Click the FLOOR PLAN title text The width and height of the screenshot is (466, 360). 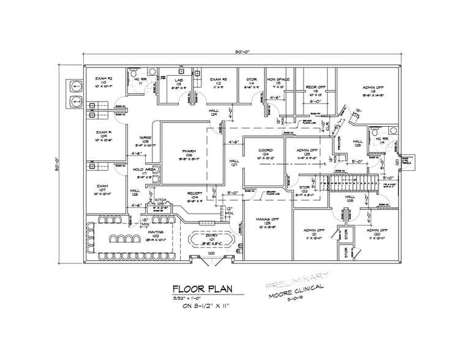point(201,288)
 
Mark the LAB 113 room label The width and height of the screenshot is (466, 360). point(178,83)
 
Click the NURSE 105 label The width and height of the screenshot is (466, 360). point(145,141)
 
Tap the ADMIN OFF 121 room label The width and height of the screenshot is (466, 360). point(314,233)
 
